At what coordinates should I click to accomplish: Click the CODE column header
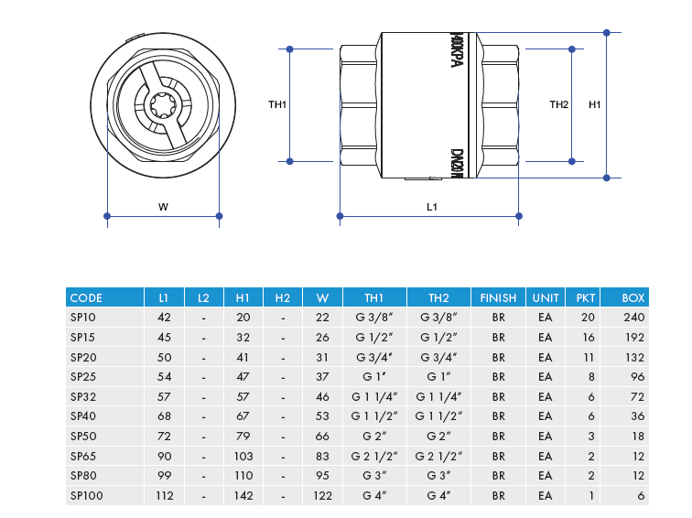(x=86, y=297)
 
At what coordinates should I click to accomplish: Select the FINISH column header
(x=499, y=297)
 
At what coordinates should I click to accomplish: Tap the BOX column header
(x=633, y=297)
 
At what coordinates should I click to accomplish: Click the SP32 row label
(x=83, y=396)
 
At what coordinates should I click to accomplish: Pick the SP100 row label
(x=86, y=495)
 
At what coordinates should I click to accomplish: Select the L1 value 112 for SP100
(x=164, y=495)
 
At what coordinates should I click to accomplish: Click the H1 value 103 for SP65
(x=243, y=456)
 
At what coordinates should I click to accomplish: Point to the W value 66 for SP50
(x=322, y=436)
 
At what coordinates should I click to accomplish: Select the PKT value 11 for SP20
(x=589, y=357)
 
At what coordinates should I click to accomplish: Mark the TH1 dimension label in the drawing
(x=277, y=105)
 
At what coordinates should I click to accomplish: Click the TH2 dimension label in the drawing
(x=558, y=105)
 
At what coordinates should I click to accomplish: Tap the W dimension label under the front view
(x=163, y=207)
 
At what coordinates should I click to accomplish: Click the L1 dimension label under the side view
(x=432, y=207)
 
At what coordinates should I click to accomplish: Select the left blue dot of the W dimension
(x=108, y=216)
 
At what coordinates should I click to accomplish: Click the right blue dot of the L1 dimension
(x=521, y=216)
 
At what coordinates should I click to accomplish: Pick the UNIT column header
(x=546, y=297)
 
